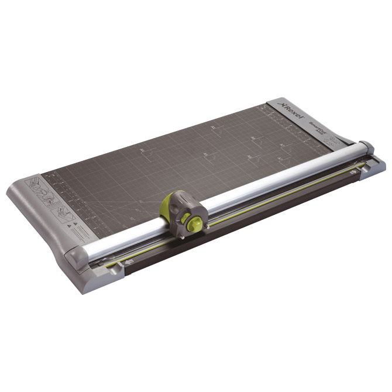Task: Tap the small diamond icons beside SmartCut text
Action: pos(333,140)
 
